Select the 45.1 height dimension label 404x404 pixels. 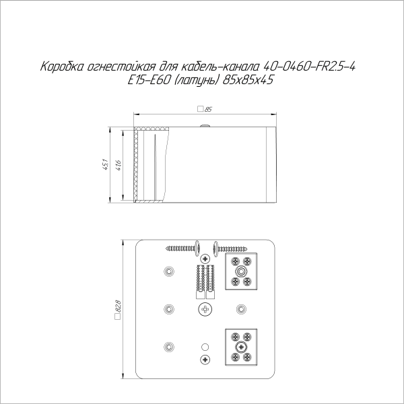pyautogui.click(x=105, y=164)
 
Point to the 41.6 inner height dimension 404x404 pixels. pyautogui.click(x=119, y=164)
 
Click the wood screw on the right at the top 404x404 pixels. pyautogui.click(x=233, y=248)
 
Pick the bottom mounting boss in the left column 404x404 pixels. pyautogui.click(x=168, y=347)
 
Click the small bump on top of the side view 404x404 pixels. pyautogui.click(x=204, y=125)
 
